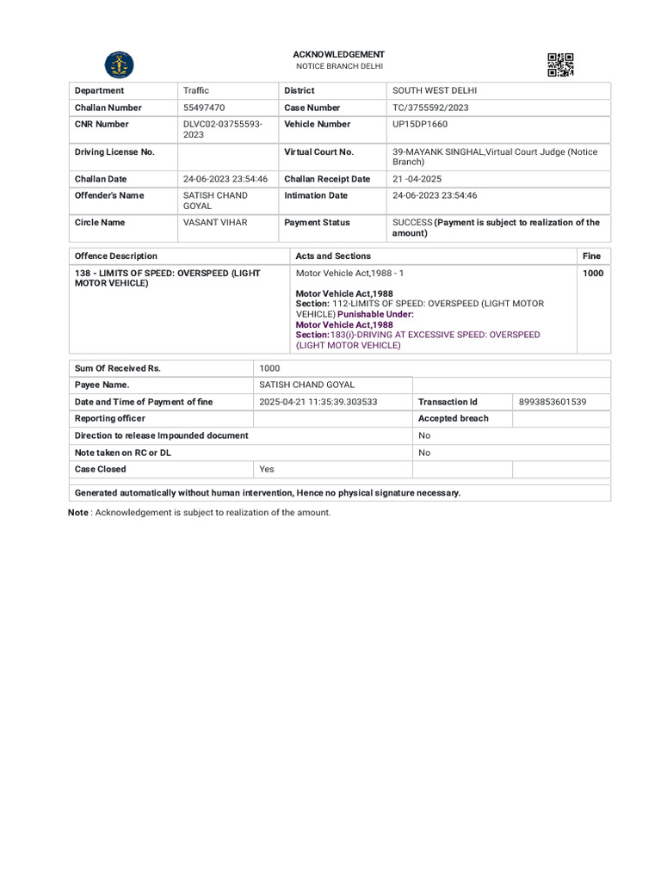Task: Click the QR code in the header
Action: tap(560, 65)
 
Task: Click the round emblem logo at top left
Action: tap(119, 65)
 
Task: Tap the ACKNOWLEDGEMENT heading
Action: tap(338, 54)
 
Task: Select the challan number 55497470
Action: tap(204, 108)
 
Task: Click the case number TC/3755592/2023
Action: tap(430, 108)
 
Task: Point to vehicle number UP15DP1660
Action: tap(420, 124)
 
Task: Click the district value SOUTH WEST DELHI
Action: tap(435, 90)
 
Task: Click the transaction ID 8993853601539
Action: tap(553, 402)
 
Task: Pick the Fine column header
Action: tap(591, 256)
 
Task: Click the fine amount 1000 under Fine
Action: tap(593, 273)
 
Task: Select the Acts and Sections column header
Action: tap(333, 256)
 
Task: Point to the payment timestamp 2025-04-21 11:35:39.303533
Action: tap(318, 402)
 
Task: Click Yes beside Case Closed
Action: tap(267, 469)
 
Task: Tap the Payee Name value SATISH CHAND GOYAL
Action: tap(307, 385)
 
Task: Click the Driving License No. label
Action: tap(114, 151)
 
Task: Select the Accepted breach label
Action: tap(453, 418)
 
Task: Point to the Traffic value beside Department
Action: tap(196, 90)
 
